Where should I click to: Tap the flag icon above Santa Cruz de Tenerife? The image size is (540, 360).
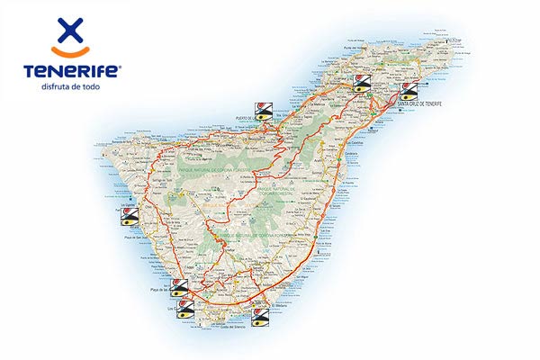tap(409, 90)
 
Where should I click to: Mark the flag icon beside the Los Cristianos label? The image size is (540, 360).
tap(185, 311)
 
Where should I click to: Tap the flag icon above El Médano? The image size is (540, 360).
tap(259, 316)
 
